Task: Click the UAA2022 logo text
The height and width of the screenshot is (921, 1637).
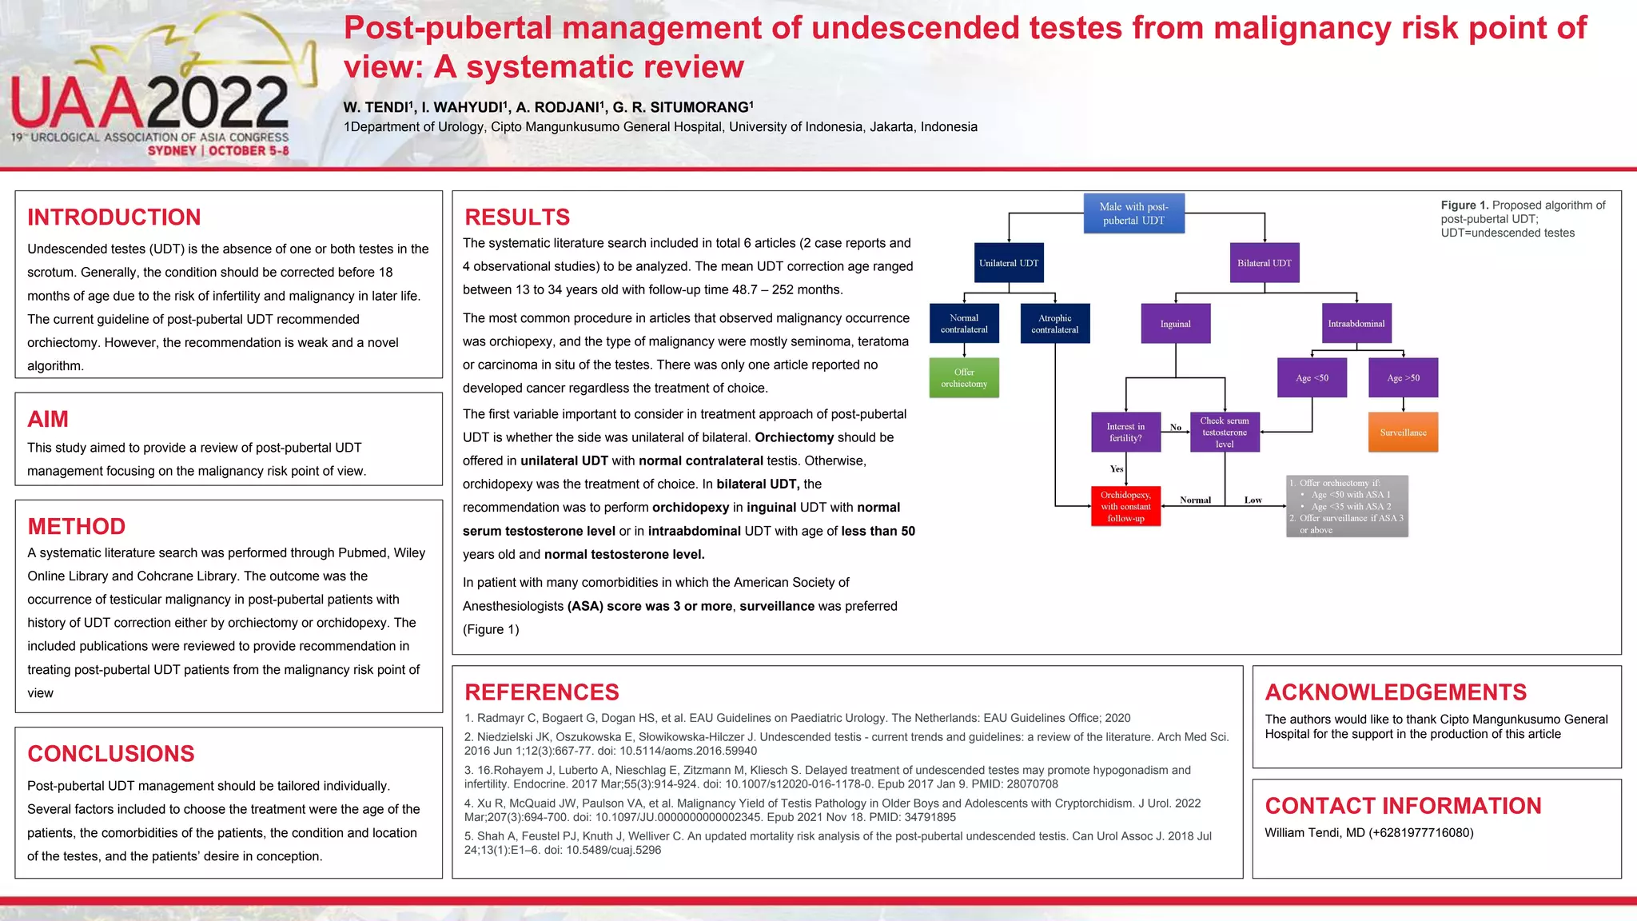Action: [x=149, y=102]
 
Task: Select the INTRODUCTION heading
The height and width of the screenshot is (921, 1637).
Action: [x=114, y=217]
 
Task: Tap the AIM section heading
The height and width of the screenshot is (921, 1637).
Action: [x=48, y=420]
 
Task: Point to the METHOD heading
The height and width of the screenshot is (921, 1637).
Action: [x=77, y=527]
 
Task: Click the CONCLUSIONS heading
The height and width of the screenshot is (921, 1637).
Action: [x=111, y=754]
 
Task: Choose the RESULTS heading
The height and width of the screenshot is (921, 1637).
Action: [x=517, y=217]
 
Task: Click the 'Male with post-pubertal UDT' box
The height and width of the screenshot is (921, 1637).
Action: [x=1133, y=213]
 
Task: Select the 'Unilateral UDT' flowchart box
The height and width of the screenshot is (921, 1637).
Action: [x=1009, y=263]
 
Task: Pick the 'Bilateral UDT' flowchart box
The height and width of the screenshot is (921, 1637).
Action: [x=1264, y=263]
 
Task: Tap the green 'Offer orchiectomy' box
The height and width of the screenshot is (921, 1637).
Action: [x=964, y=378]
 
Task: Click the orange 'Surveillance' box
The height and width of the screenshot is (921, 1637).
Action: [x=1403, y=433]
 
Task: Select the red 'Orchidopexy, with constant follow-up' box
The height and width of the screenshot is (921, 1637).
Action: [x=1125, y=506]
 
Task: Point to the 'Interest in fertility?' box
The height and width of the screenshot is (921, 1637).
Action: [x=1125, y=433]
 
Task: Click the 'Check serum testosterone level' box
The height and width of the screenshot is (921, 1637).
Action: [x=1225, y=433]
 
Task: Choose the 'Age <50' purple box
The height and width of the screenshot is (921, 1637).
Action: [x=1312, y=378]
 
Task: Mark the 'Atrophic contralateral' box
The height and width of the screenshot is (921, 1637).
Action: [x=1054, y=324]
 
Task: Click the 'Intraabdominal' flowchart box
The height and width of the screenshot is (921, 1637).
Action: [x=1356, y=324]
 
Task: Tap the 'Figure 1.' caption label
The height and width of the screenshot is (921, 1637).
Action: [x=1464, y=205]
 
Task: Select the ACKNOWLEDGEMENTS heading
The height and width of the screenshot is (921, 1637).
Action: [x=1396, y=692]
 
